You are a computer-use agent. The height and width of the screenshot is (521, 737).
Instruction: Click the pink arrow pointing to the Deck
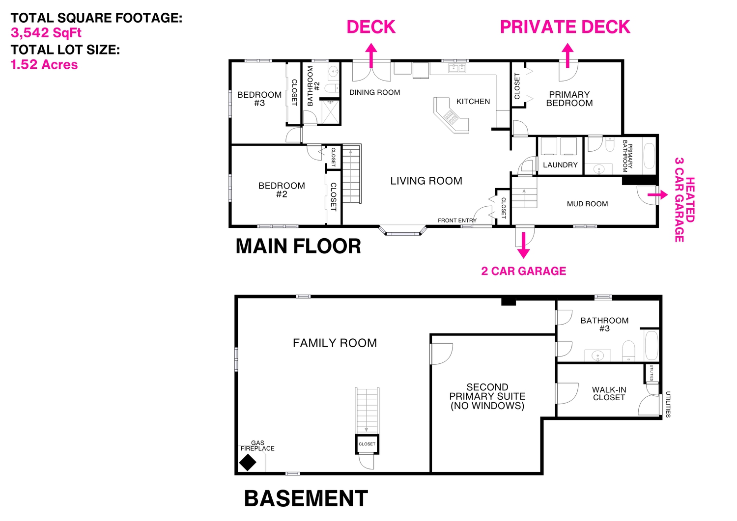pos(371,55)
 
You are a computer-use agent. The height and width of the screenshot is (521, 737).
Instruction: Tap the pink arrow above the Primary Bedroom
pos(567,55)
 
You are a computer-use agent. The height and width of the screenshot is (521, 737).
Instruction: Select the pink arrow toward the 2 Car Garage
pos(523,245)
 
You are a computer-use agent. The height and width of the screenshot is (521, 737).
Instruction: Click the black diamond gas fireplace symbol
pos(248,463)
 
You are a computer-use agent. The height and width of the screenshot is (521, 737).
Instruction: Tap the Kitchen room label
pos(473,102)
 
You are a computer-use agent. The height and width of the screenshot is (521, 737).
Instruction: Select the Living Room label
pos(426,181)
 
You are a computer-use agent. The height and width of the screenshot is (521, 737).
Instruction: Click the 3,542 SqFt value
pos(46,33)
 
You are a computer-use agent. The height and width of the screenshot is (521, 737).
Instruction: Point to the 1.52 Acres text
pos(44,64)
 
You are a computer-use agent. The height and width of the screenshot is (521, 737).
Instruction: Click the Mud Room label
pos(587,204)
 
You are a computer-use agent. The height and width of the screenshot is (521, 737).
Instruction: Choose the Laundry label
pos(560,165)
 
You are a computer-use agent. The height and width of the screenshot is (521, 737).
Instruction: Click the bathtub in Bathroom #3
pos(652,345)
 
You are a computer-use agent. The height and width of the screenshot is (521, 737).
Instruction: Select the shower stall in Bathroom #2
pos(330,112)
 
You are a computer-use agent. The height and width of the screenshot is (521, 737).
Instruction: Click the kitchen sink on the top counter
pos(457,68)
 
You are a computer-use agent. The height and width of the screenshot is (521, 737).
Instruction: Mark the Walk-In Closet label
pos(609,394)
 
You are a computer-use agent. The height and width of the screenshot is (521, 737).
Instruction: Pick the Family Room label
pos(335,343)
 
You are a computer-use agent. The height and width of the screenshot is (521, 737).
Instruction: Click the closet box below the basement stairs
pos(367,444)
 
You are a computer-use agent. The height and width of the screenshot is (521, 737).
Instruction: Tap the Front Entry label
pos(457,220)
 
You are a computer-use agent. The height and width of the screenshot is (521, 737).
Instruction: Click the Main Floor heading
pos(298,247)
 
